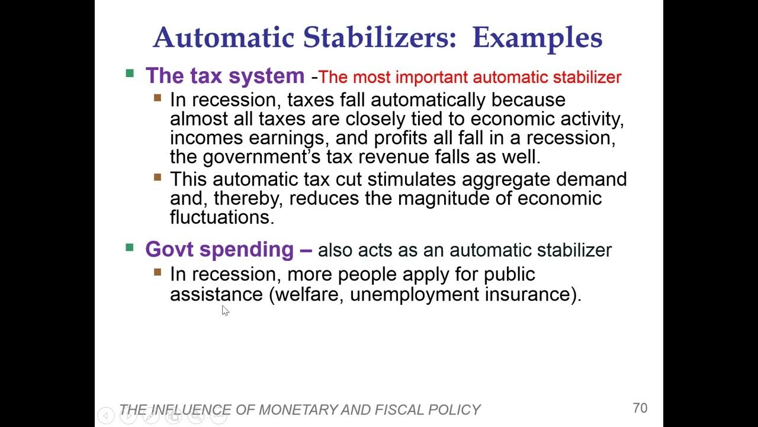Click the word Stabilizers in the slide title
[x=380, y=37]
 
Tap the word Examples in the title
[x=537, y=37]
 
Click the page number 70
[x=640, y=408]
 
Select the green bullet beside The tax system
[x=130, y=74]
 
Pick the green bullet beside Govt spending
[x=130, y=247]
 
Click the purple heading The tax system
[x=225, y=76]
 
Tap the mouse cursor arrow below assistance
[x=225, y=310]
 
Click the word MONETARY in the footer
[x=304, y=410]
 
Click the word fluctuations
[x=222, y=217]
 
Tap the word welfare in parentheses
[x=308, y=294]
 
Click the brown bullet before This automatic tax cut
[x=158, y=177]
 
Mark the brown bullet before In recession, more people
[x=158, y=272]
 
